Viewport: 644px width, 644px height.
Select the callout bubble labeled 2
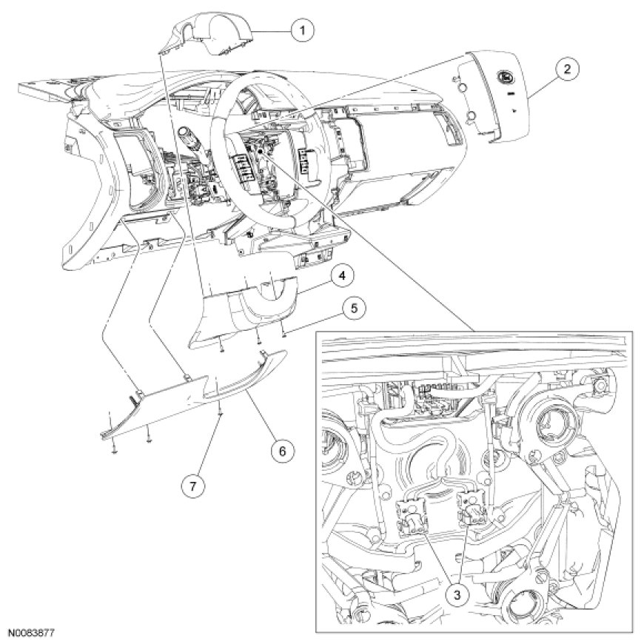tap(566, 70)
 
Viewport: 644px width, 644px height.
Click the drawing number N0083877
tap(33, 634)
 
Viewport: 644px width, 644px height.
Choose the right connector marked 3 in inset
tap(472, 509)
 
